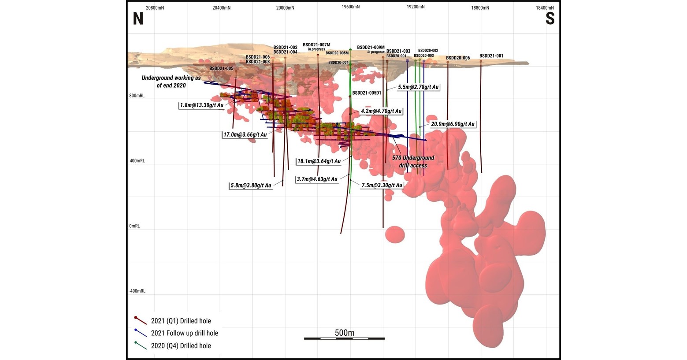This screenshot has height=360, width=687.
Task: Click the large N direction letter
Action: (x=138, y=19)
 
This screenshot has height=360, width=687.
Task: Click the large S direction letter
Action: (x=550, y=19)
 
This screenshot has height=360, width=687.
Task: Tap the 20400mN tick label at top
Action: (x=221, y=8)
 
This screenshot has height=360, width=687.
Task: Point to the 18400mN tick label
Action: (x=545, y=8)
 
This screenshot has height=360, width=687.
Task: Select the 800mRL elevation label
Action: (x=137, y=96)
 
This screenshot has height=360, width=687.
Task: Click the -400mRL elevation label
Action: (x=137, y=291)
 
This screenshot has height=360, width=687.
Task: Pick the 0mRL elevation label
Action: (x=134, y=226)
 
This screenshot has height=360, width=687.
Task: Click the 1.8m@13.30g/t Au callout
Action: (x=201, y=105)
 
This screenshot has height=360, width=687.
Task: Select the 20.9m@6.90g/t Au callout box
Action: (x=453, y=124)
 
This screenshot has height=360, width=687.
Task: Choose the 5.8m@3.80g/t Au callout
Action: (x=250, y=186)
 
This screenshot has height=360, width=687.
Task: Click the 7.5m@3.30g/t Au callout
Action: (x=382, y=186)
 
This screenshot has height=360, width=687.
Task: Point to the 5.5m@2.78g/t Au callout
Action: (x=418, y=87)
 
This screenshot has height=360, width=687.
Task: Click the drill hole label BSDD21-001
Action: (x=491, y=56)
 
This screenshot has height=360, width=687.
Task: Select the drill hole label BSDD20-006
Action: (x=458, y=58)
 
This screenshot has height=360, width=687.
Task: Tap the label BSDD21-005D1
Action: (x=367, y=93)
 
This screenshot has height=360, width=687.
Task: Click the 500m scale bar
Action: (x=344, y=338)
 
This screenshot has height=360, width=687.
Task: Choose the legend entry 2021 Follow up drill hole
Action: (x=184, y=334)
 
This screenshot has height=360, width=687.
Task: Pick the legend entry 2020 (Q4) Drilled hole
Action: (x=181, y=346)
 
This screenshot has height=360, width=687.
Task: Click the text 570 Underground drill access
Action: (x=413, y=161)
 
